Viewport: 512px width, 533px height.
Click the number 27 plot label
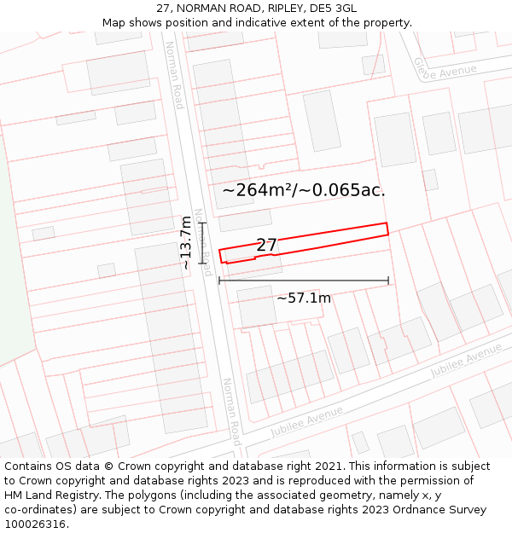(266, 246)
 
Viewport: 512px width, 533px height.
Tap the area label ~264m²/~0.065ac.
(304, 190)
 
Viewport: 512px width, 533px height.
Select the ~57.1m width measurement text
(304, 298)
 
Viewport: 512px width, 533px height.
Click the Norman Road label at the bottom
(230, 411)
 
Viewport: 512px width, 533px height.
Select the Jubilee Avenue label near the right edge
(466, 361)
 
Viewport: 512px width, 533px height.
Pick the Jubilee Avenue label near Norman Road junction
(306, 421)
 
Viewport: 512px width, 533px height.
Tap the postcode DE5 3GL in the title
(334, 9)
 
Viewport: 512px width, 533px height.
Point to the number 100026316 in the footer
(35, 524)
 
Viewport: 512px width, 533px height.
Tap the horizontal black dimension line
(304, 280)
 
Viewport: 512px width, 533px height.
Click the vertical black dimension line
(203, 243)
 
